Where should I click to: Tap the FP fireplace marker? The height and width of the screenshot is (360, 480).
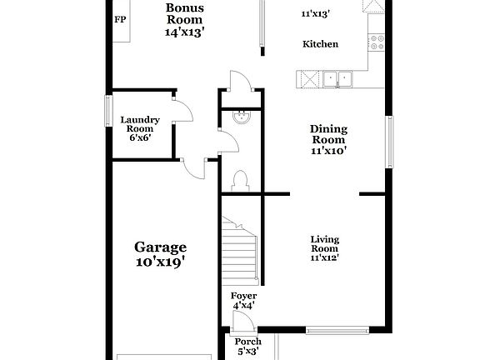tap(121, 19)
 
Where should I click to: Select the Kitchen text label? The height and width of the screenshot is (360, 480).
tap(320, 43)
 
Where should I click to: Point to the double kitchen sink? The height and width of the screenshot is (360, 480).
tap(338, 79)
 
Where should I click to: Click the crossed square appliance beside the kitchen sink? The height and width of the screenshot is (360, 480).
tap(307, 79)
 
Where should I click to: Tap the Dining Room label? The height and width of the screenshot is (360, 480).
tap(328, 139)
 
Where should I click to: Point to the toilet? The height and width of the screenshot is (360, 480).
tap(241, 181)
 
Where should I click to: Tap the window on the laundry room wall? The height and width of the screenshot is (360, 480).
tap(108, 109)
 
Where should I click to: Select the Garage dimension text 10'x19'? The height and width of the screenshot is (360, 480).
tap(160, 262)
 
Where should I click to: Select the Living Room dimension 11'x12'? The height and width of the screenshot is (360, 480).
tap(324, 258)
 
